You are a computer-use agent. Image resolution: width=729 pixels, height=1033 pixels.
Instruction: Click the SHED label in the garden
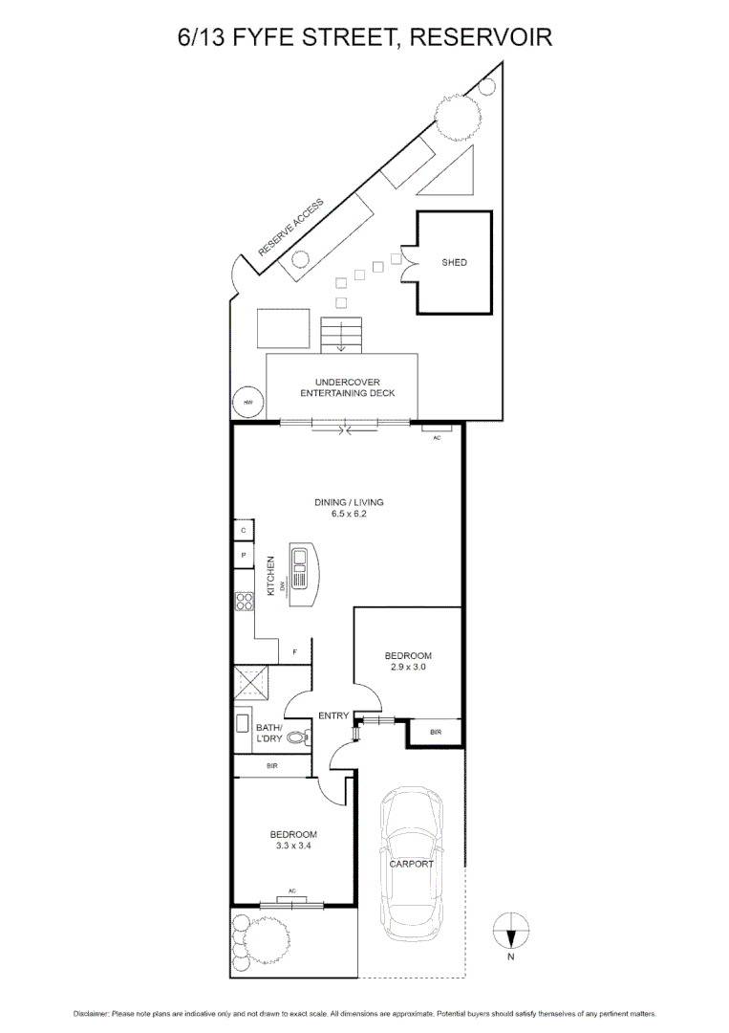454,262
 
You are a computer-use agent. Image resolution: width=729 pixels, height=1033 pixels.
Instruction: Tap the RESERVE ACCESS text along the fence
291,228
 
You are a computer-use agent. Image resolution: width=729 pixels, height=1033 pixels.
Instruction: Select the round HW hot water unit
248,403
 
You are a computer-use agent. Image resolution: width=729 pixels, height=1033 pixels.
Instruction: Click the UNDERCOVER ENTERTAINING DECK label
347,387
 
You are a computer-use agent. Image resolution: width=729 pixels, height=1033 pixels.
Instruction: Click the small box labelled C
244,530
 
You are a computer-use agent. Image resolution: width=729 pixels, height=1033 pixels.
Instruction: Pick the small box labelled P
244,555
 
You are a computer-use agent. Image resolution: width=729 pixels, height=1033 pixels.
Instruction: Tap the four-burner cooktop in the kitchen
244,602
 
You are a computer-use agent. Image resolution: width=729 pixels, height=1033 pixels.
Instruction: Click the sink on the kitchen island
300,558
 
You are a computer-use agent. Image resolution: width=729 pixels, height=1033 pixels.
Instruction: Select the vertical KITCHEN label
271,577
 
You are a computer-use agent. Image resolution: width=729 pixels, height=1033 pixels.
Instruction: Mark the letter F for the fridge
295,652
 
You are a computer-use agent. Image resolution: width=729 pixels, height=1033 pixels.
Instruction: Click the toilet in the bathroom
298,737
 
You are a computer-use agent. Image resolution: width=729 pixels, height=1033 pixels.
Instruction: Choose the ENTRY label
333,715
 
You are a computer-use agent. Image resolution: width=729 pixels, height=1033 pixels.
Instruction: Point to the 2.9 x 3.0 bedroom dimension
408,668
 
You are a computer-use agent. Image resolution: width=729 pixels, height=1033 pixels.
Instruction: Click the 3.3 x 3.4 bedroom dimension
292,846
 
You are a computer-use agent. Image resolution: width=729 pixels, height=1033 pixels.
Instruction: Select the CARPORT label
411,864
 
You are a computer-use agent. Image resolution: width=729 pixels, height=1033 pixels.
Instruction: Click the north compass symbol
510,927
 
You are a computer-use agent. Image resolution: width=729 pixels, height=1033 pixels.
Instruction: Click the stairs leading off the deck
341,336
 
